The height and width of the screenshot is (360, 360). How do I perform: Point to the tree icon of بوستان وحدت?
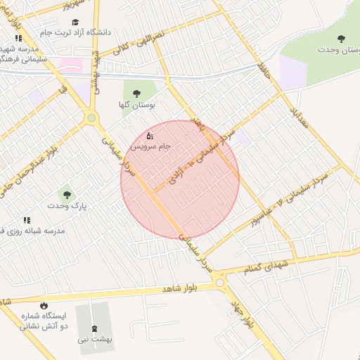342,39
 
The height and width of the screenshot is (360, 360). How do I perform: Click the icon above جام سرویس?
149,135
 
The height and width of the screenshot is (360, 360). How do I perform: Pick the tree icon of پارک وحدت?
67,195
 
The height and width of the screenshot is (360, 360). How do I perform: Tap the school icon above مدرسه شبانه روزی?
27,220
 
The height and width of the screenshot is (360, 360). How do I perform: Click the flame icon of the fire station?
44,305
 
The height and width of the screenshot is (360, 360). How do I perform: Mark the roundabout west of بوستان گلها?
91,118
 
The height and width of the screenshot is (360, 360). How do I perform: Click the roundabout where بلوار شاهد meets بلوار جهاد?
221,283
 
